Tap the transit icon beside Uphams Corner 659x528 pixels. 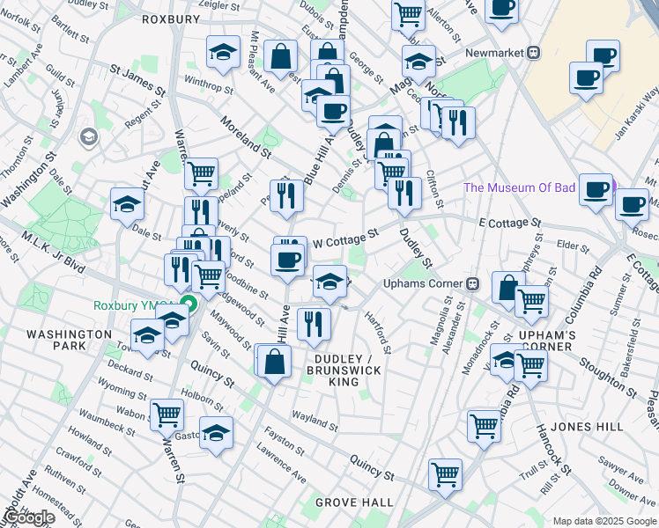click(473, 283)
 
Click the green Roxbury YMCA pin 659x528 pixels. click(187, 306)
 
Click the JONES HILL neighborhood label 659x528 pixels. click(587, 427)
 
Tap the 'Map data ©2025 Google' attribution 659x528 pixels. click(604, 521)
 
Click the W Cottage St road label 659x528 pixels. click(345, 235)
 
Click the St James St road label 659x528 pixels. click(138, 78)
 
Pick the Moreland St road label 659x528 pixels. click(246, 137)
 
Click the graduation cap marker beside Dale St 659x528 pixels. click(128, 205)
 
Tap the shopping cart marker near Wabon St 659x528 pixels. click(167, 414)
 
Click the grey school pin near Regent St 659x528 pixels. click(88, 137)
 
